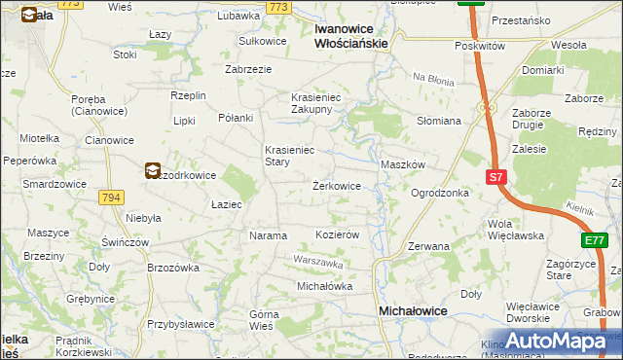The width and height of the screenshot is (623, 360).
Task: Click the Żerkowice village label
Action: pos(337,185)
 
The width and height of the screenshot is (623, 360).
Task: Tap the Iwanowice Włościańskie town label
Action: pos(351,36)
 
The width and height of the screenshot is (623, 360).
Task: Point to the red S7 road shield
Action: pos(495,177)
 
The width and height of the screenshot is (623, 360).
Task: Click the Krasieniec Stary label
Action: pos(290,157)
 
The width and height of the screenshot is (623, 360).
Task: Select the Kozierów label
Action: pos(339,235)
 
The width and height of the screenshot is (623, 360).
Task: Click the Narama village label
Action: pos(269,235)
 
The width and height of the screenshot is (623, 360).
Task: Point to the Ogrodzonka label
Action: pos(440,193)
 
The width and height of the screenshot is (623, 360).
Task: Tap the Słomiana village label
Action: pos(438,121)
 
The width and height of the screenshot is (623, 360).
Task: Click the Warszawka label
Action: pos(319,262)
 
